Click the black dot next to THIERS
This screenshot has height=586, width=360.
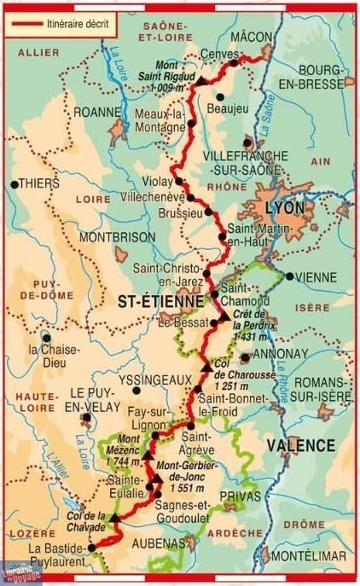point(14,183)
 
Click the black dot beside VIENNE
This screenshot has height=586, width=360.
point(290,276)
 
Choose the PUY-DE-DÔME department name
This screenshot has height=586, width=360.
point(36,290)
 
